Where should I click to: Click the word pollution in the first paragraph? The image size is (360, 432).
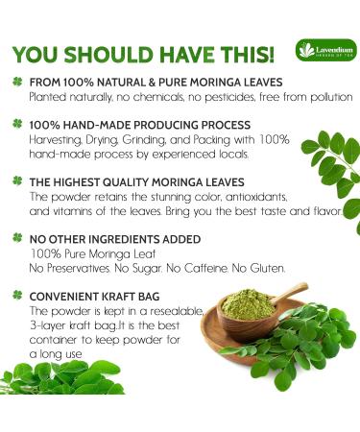point(324,97)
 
